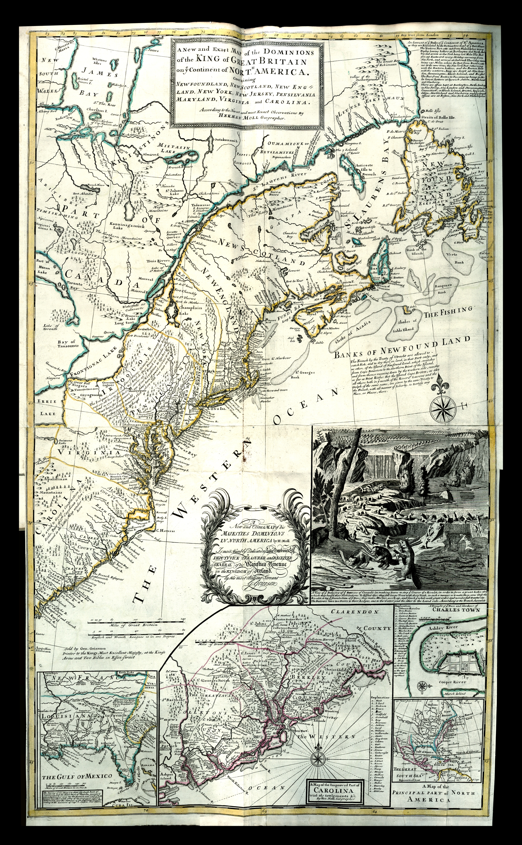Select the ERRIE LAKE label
point(47,408)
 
